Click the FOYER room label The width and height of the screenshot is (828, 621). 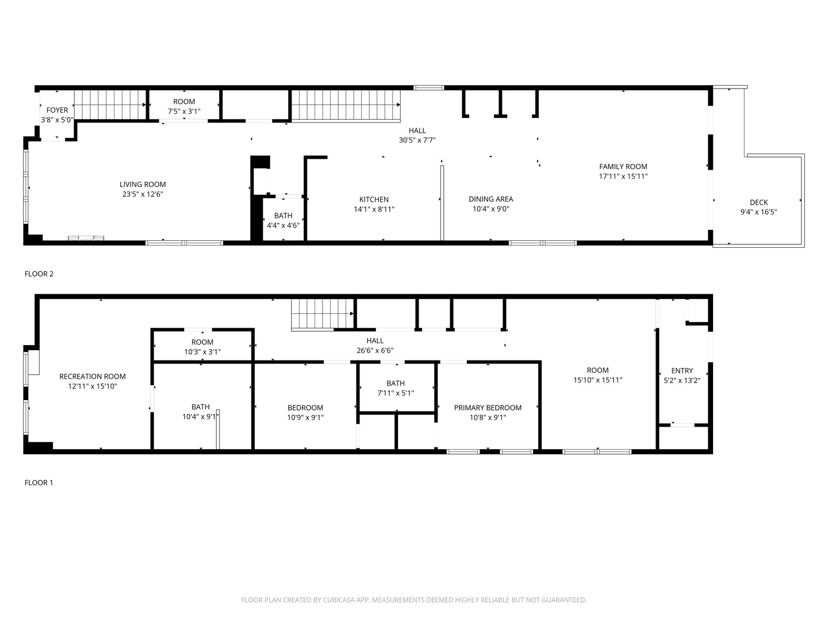coord(57,110)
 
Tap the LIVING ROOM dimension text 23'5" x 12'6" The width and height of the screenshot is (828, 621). coord(143,194)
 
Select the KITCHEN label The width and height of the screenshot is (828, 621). coord(374,200)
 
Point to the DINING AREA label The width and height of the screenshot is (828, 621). coord(490,199)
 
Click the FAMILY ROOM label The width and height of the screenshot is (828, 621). coord(623,167)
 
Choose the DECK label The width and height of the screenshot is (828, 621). coord(758,202)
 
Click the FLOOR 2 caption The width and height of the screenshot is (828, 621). coord(39,274)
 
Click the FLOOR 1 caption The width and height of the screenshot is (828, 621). coord(39,482)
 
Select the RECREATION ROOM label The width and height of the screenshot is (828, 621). coord(93,377)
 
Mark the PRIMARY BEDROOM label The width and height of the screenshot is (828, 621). coord(488,408)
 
